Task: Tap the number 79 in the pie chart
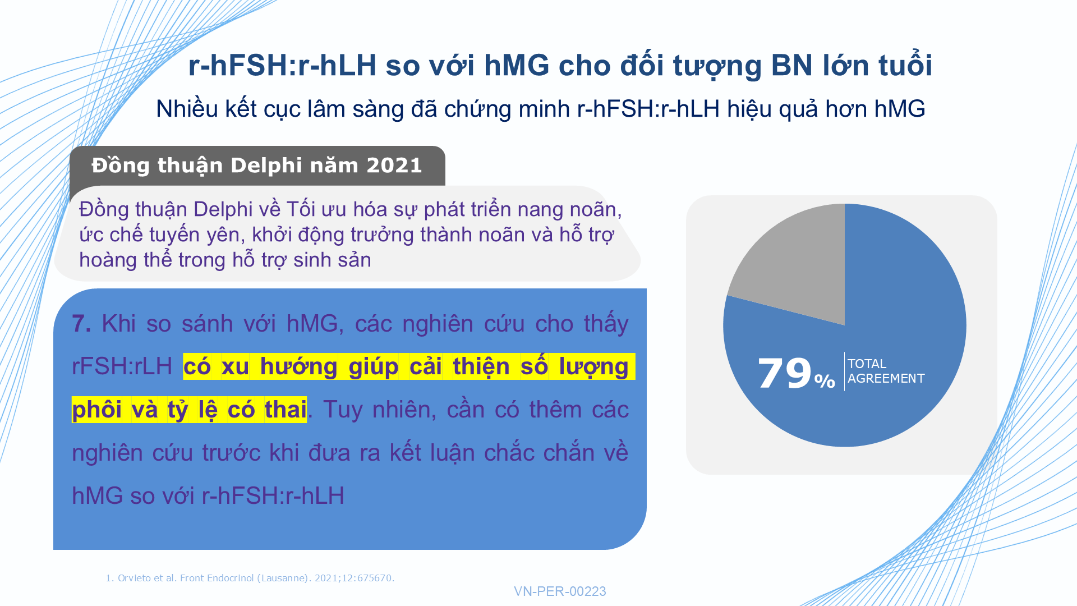pos(785,373)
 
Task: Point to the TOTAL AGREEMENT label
pos(886,371)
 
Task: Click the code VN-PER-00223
pos(560,591)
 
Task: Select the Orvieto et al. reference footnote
pos(250,578)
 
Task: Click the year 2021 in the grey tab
pos(394,166)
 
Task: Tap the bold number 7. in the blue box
pos(81,324)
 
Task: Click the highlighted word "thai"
pos(286,410)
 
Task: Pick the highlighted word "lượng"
pos(593,367)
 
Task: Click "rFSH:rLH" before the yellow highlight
pos(122,366)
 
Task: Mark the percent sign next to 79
pos(825,380)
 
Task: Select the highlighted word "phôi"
pos(96,410)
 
